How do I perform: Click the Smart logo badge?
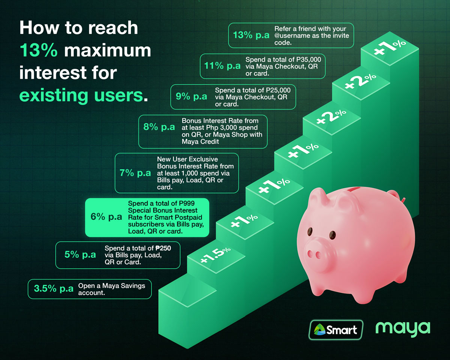coord(335,330)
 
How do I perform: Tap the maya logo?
coord(403,328)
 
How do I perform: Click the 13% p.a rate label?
coord(251,36)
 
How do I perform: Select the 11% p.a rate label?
coord(222,66)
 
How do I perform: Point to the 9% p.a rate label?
coord(191,96)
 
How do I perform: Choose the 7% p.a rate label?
coord(135,173)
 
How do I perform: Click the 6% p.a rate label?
coord(106,217)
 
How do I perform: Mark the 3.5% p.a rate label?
coord(54,289)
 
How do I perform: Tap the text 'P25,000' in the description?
coord(278,90)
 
